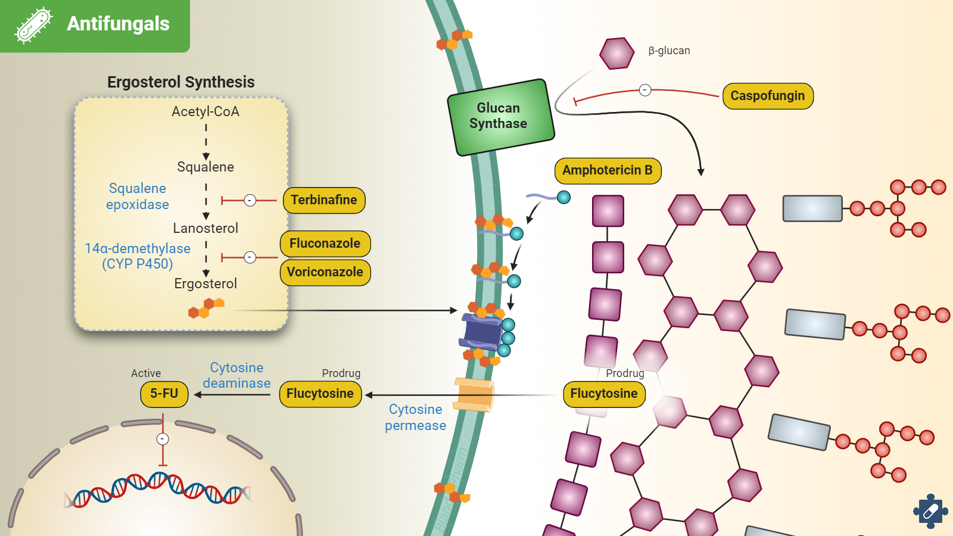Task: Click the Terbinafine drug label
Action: click(324, 200)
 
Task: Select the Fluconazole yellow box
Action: click(325, 244)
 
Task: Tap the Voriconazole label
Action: click(325, 272)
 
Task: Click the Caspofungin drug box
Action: click(768, 96)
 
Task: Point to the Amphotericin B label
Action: click(608, 170)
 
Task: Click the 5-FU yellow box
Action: click(164, 394)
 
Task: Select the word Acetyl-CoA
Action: click(205, 111)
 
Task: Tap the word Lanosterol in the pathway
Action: click(205, 228)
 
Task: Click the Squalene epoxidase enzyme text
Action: click(138, 197)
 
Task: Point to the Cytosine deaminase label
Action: click(236, 375)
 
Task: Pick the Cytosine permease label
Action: click(415, 417)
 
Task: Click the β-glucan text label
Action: click(669, 51)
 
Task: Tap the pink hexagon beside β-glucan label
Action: click(616, 53)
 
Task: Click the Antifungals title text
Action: click(118, 24)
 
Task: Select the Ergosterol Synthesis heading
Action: click(181, 82)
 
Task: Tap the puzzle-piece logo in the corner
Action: click(930, 510)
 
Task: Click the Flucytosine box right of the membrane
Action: click(604, 394)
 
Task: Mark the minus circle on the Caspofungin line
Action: click(645, 90)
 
